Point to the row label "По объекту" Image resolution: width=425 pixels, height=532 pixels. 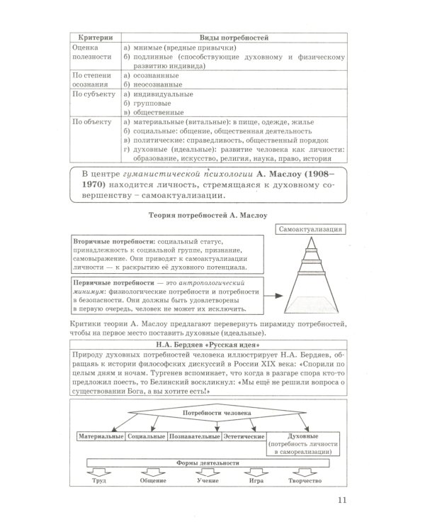coord(93,122)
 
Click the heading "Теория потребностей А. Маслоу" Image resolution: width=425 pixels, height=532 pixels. coord(212,214)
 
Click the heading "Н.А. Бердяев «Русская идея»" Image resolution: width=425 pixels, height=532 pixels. coord(212,346)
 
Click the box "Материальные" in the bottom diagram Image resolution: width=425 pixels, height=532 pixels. coord(101,436)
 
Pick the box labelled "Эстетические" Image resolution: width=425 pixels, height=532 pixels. coord(244,436)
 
